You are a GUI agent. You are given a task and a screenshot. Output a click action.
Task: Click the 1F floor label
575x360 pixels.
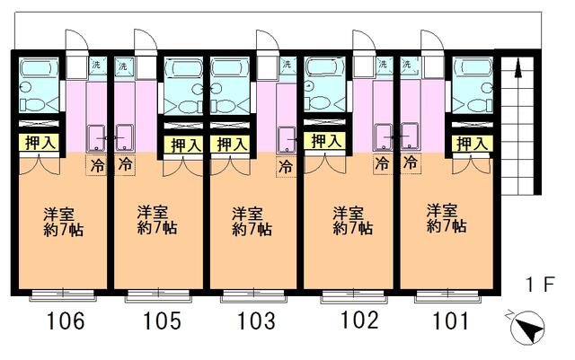[x=540, y=285]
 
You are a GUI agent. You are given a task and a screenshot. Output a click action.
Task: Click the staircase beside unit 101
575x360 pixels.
[x=516, y=126]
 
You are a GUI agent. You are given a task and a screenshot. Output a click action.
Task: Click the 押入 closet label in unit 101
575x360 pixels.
[x=473, y=144]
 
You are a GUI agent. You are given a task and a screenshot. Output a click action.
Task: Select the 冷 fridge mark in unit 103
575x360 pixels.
[x=287, y=166]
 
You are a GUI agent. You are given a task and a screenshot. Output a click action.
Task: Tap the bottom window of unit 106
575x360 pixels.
[x=60, y=294]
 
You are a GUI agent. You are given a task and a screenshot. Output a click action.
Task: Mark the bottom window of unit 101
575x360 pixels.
[x=439, y=293]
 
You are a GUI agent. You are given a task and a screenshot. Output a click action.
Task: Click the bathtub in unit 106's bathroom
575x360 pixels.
[x=38, y=70]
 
